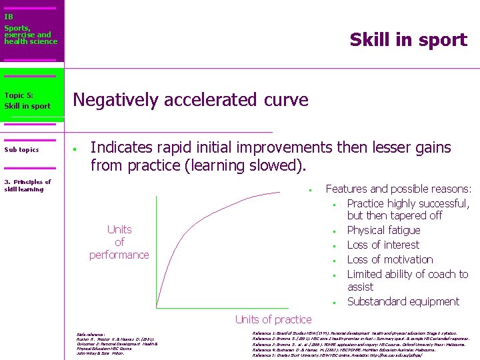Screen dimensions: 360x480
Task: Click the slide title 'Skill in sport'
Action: [408, 40]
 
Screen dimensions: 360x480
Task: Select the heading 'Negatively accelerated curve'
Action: [191, 100]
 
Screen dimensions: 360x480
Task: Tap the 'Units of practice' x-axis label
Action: [273, 319]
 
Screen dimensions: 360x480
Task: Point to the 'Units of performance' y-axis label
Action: [119, 242]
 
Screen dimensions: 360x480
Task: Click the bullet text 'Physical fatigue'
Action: [383, 230]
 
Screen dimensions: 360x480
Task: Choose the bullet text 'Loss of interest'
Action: [383, 245]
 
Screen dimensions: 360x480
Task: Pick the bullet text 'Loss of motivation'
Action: [389, 259]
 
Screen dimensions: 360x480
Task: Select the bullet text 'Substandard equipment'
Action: [403, 301]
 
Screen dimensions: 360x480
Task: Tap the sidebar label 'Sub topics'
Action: [21, 149]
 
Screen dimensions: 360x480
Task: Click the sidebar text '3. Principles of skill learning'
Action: [27, 185]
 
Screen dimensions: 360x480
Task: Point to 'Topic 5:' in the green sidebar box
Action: [18, 95]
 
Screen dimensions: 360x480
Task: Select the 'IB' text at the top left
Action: [8, 17]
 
